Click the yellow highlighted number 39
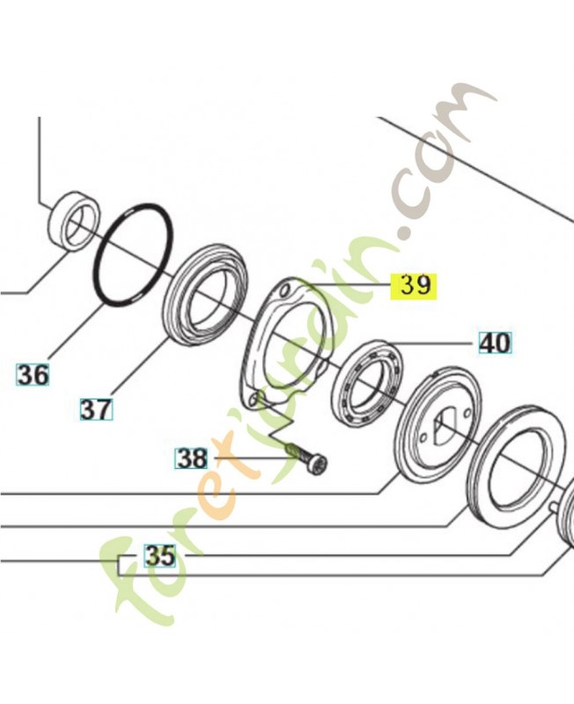(x=413, y=286)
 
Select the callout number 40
(x=496, y=343)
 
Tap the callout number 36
(x=33, y=375)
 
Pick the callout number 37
(x=97, y=409)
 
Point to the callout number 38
(x=192, y=458)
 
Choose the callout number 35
(x=160, y=555)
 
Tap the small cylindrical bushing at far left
(x=74, y=220)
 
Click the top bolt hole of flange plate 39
(x=283, y=293)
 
